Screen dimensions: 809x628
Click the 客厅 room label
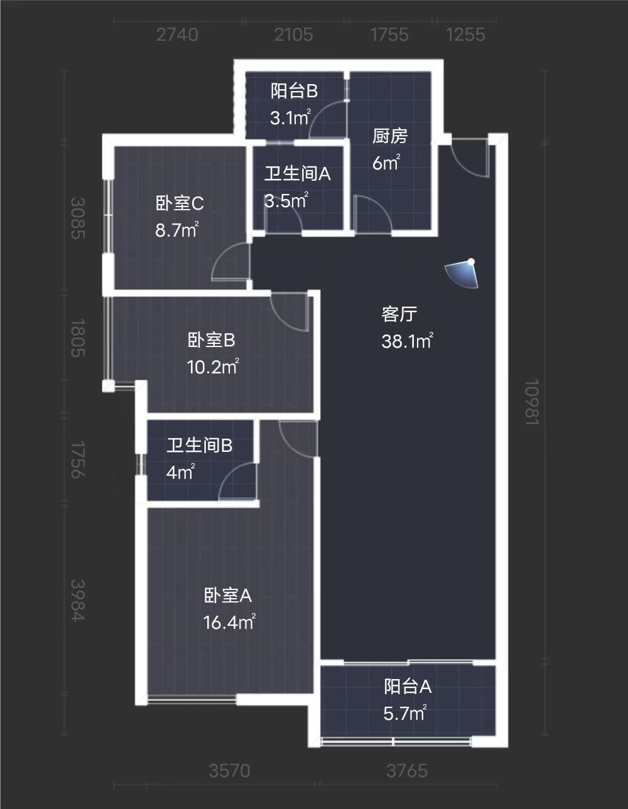(x=399, y=314)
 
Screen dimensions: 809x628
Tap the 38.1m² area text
(x=407, y=341)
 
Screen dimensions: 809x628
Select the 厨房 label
(x=389, y=136)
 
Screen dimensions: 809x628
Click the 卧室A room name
(x=228, y=595)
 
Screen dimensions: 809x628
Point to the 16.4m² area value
(x=229, y=622)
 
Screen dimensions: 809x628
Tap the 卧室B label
(x=212, y=340)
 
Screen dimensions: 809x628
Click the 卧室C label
(x=180, y=203)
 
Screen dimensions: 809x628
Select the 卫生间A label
(x=297, y=174)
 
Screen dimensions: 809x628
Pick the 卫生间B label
(x=199, y=445)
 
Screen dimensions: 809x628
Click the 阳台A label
(x=408, y=687)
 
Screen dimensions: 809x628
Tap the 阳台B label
(x=294, y=91)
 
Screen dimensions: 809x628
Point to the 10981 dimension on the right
(x=532, y=402)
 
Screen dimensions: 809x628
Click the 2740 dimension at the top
(x=177, y=35)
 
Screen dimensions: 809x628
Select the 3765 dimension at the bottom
(x=407, y=770)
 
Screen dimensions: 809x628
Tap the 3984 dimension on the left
(x=77, y=600)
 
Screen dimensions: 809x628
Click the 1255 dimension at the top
(x=465, y=35)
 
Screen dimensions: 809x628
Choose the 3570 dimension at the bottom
(x=229, y=770)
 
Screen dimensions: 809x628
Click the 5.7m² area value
(x=405, y=714)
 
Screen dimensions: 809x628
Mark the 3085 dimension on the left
(x=77, y=218)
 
